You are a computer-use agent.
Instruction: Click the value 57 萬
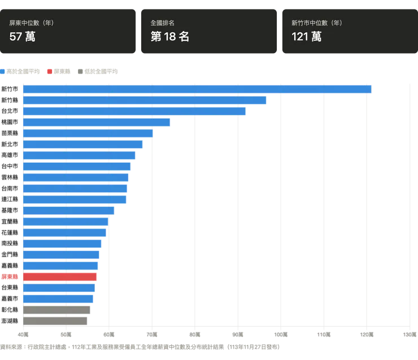click(23, 37)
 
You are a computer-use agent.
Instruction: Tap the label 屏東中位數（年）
click(32, 23)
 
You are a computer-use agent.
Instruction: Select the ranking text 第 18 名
click(169, 37)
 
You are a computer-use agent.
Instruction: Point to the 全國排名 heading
click(162, 23)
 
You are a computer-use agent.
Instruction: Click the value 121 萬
click(307, 37)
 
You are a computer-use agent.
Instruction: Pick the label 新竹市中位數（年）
click(317, 23)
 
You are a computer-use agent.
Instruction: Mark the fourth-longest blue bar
click(96, 122)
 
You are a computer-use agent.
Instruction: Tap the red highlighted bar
click(60, 277)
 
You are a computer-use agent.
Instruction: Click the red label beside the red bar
click(10, 277)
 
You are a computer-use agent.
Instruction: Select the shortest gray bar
click(55, 320)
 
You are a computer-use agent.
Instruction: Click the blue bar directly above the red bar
click(60, 266)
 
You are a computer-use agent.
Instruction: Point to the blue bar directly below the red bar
click(58, 288)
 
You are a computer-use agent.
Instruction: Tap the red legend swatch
click(49, 72)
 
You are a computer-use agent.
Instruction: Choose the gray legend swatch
click(81, 72)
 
